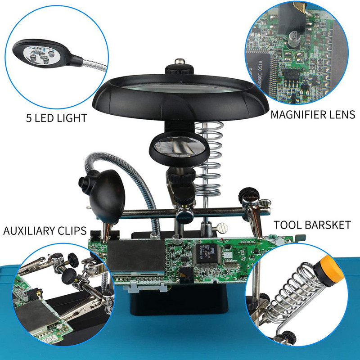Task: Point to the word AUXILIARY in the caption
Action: [x=29, y=231]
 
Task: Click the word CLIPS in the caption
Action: [x=72, y=231]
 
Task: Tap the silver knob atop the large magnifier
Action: [x=180, y=62]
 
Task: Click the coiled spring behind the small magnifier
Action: [x=209, y=159]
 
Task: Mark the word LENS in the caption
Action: [x=343, y=115]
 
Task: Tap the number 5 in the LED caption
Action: [x=29, y=118]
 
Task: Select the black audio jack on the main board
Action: [x=186, y=274]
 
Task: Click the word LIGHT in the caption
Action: [x=72, y=118]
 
